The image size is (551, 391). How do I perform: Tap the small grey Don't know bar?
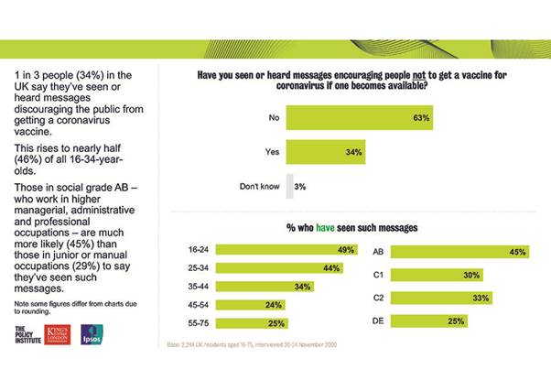pyautogui.click(x=290, y=187)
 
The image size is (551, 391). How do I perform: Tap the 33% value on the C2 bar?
pyautogui.click(x=479, y=297)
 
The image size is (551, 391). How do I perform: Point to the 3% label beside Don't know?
pyautogui.click(x=300, y=187)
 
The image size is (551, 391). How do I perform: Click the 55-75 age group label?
pyautogui.click(x=200, y=324)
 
